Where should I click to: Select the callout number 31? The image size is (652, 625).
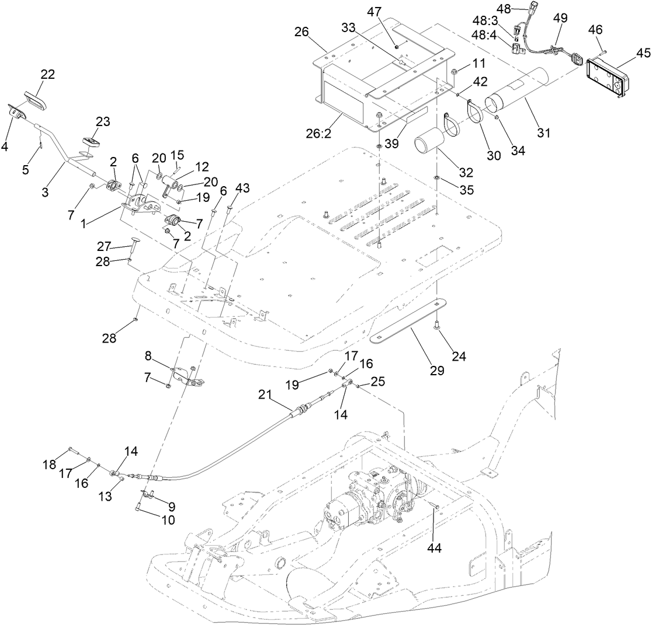click(544, 132)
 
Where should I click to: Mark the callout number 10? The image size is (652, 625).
click(168, 519)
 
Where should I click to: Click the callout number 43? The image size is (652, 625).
click(242, 188)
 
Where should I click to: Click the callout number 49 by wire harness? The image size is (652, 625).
click(560, 18)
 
